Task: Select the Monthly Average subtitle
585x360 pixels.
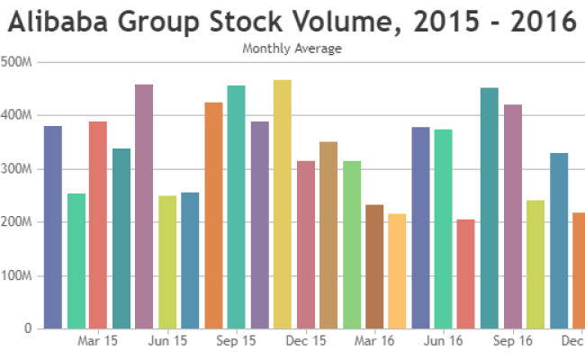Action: (x=292, y=49)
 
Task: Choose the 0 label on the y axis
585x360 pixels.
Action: (x=29, y=329)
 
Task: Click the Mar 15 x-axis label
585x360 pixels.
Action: (x=98, y=342)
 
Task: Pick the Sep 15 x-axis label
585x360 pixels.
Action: (x=237, y=342)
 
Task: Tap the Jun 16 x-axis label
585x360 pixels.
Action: (x=444, y=342)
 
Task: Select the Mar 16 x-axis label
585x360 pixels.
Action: (x=374, y=342)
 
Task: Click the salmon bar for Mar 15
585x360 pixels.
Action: (x=98, y=225)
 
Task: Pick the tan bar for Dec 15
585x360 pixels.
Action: (x=328, y=235)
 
